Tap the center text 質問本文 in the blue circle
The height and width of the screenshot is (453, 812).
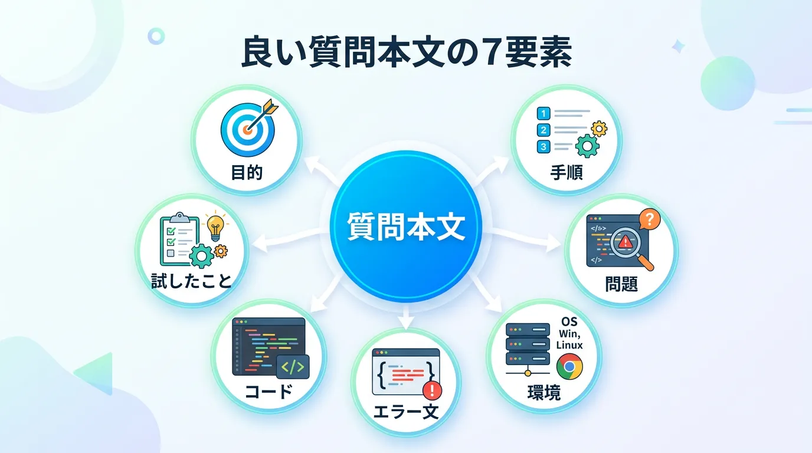pyautogui.click(x=406, y=226)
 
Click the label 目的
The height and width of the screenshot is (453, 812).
pyautogui.click(x=247, y=172)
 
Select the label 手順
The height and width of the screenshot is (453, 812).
pyautogui.click(x=567, y=172)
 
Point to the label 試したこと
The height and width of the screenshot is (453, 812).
pyautogui.click(x=191, y=281)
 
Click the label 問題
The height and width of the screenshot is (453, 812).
pyautogui.click(x=621, y=284)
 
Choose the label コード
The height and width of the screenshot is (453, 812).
pyautogui.click(x=269, y=392)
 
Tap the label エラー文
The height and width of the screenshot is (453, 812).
pyautogui.click(x=405, y=412)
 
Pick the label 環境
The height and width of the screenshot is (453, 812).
pyautogui.click(x=543, y=392)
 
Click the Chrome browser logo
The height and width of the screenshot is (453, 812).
pyautogui.click(x=569, y=366)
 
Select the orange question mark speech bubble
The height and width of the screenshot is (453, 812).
pyautogui.click(x=650, y=219)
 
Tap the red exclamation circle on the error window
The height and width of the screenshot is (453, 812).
pyautogui.click(x=432, y=390)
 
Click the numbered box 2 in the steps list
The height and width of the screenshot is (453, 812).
pyautogui.click(x=543, y=130)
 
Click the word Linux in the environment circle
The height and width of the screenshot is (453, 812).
pyautogui.click(x=569, y=344)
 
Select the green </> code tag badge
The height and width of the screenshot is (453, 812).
pyautogui.click(x=293, y=367)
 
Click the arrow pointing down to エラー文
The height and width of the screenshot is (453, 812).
pyautogui.click(x=405, y=317)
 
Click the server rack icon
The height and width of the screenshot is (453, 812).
pyautogui.click(x=528, y=348)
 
